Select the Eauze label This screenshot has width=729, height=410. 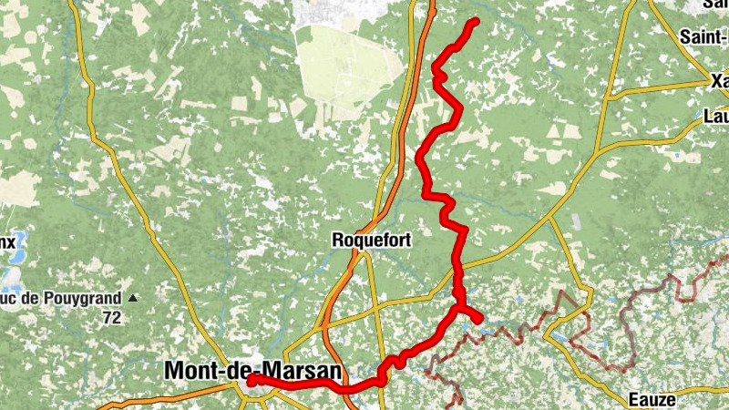(652, 399)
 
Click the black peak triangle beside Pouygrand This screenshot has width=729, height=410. (134, 297)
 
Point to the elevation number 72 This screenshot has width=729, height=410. (112, 317)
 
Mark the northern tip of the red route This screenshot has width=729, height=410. (475, 21)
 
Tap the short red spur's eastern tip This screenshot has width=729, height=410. (479, 318)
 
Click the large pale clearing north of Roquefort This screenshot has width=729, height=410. (351, 68)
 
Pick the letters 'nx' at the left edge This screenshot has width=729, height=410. (7, 242)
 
